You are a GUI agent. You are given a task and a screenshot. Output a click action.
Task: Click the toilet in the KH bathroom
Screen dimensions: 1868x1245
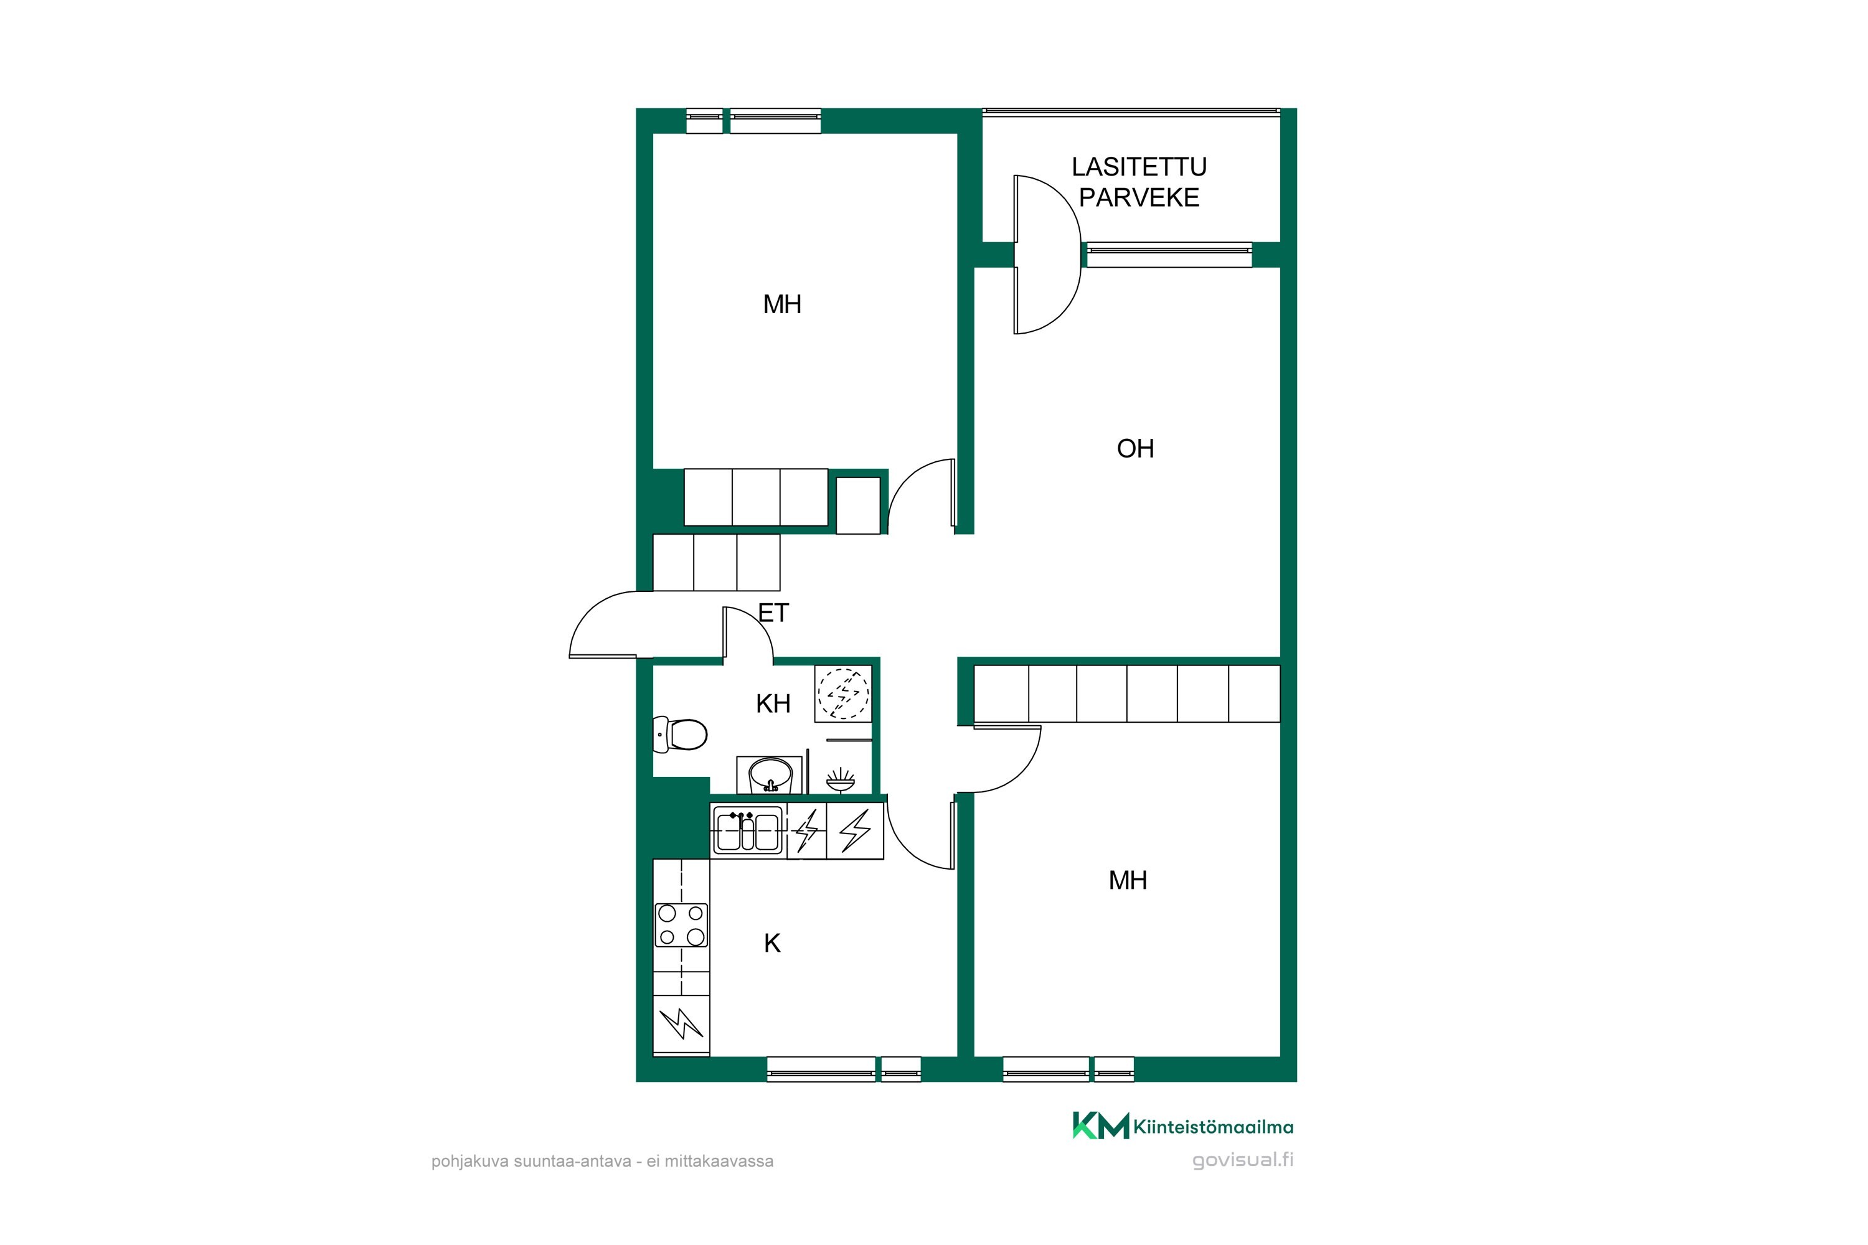680,735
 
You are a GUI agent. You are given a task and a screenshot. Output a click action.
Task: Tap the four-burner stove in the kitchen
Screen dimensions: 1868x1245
681,925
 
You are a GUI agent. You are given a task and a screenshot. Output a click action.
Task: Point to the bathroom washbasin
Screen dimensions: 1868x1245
770,775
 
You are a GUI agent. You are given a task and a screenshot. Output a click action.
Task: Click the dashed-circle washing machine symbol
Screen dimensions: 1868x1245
844,693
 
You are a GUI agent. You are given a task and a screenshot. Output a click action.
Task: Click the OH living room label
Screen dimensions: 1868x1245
1135,449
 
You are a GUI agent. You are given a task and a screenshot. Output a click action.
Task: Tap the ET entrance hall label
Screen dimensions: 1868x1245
773,613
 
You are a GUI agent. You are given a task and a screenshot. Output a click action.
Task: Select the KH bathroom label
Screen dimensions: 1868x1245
773,703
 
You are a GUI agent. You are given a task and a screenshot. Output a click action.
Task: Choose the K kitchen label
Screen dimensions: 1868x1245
772,943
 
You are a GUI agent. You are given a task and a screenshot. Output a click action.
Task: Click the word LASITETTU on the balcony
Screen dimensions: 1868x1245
1139,167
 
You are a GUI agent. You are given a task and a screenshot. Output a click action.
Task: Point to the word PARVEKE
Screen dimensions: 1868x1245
1139,198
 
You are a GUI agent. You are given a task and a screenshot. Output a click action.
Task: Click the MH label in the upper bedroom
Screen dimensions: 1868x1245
782,304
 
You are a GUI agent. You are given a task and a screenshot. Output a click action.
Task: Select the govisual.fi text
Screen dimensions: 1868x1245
1243,1160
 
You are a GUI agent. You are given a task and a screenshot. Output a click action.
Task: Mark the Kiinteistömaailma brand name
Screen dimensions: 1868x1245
1214,1127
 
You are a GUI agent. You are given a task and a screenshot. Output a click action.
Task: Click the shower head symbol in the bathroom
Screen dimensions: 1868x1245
840,780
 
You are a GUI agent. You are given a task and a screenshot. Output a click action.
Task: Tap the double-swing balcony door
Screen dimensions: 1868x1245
1047,254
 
